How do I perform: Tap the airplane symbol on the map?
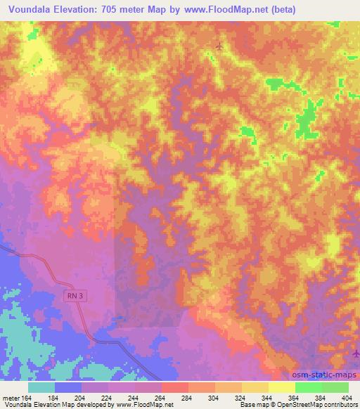point(219,46)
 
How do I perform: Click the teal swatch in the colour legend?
point(41,387)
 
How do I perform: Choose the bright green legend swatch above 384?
point(308,387)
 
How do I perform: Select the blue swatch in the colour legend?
point(68,387)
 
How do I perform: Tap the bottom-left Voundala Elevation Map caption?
point(42,405)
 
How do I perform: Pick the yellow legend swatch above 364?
point(281,387)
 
